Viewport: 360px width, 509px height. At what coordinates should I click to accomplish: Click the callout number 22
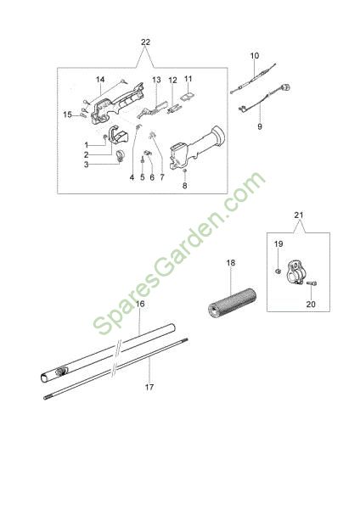(145, 42)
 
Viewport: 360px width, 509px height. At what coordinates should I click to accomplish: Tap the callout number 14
(100, 80)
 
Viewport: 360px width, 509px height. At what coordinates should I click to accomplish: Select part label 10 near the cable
(255, 56)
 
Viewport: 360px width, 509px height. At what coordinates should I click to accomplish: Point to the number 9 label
(260, 126)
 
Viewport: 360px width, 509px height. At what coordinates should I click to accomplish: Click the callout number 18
(231, 263)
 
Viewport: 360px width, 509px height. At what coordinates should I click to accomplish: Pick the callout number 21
(299, 215)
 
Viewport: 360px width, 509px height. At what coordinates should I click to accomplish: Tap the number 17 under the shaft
(149, 387)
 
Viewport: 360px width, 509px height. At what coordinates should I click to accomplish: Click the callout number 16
(140, 304)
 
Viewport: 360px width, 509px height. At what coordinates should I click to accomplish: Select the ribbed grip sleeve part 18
(232, 303)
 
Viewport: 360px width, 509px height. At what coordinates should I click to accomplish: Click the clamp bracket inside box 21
(296, 272)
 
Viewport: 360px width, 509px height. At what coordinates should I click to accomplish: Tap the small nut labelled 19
(278, 271)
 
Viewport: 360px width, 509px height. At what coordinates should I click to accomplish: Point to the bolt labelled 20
(312, 283)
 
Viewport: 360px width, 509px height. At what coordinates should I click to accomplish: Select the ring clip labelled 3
(120, 156)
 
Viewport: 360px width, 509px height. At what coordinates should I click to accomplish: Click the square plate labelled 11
(188, 97)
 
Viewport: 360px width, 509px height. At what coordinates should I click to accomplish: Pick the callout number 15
(68, 115)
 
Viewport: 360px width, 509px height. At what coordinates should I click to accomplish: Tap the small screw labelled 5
(143, 159)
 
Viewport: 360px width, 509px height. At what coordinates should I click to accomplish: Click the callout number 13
(156, 80)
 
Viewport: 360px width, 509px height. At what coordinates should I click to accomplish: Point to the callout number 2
(86, 155)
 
